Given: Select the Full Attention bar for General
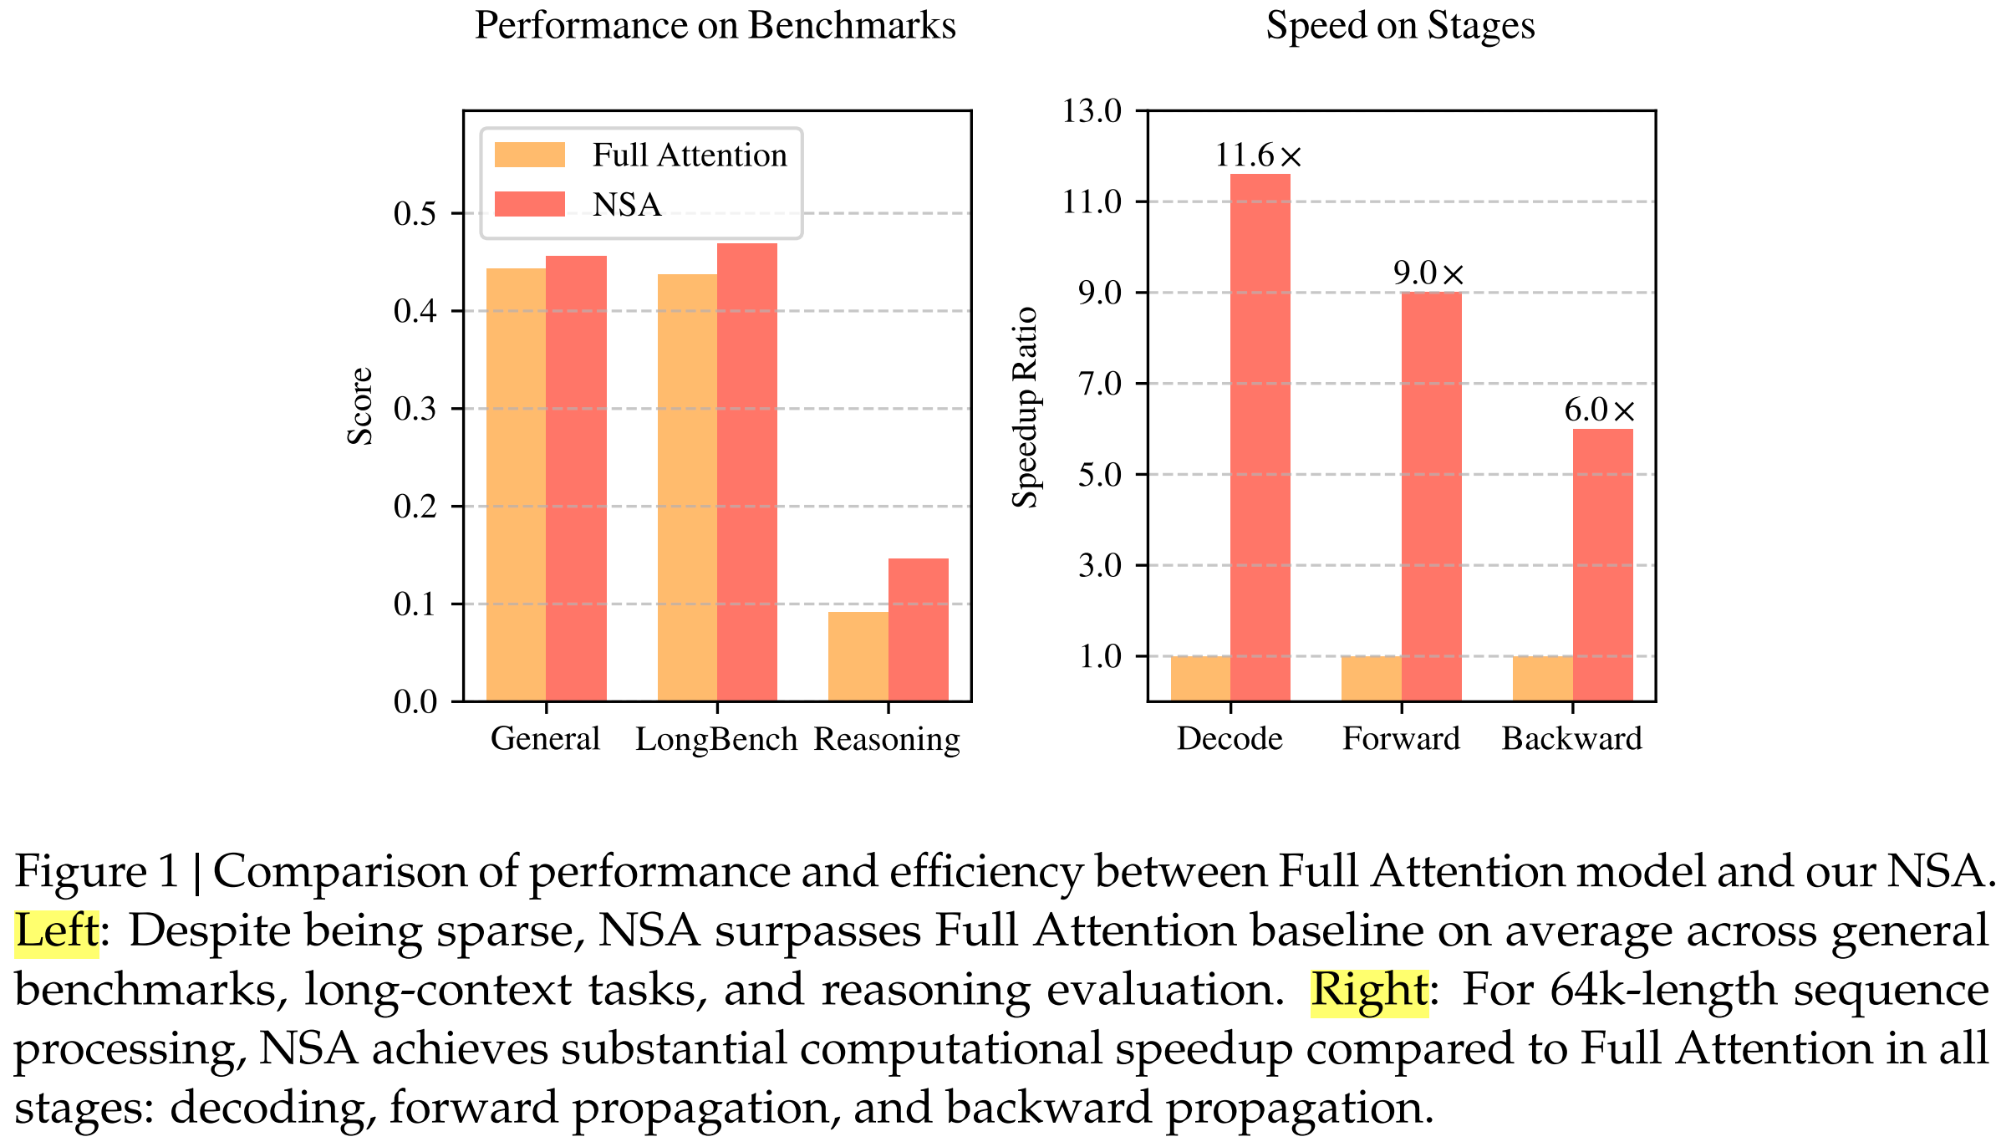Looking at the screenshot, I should [x=516, y=484].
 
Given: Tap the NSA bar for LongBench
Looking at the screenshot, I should [x=746, y=472].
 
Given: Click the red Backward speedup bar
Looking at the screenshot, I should [x=1602, y=564].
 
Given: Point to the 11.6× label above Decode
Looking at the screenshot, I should [x=1258, y=155].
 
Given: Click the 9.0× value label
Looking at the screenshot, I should [x=1428, y=273].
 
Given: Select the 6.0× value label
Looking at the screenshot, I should [x=1599, y=410].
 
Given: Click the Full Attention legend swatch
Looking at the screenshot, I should [x=529, y=155].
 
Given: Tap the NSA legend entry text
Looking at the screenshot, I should [x=627, y=205].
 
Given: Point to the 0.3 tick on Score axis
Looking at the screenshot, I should [x=415, y=409].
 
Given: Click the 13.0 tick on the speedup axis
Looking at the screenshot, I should [x=1092, y=110].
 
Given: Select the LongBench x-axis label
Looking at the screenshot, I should [x=716, y=739].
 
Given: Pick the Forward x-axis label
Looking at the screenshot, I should [x=1401, y=739].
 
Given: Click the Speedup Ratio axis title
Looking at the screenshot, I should [x=1025, y=407].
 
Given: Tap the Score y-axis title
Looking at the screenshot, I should [x=360, y=406].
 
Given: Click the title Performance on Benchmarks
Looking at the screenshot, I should [x=715, y=26].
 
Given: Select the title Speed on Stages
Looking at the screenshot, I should [x=1400, y=26].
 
